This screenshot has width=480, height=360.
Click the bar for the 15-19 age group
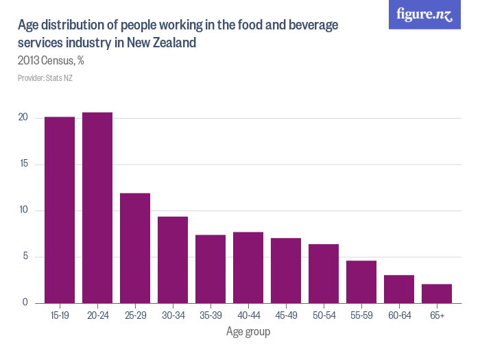(60, 210)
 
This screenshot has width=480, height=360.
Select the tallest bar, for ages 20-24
(97, 208)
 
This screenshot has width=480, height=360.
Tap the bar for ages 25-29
(135, 248)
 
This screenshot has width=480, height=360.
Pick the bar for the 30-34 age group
(173, 260)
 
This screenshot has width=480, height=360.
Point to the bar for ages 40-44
(248, 267)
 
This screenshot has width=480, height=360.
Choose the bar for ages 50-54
(324, 274)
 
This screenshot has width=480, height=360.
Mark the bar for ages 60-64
(399, 289)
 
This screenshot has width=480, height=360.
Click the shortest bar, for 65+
(437, 293)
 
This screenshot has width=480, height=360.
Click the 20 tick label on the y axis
(23, 118)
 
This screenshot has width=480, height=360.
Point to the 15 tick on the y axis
(23, 164)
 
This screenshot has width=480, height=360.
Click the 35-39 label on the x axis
(211, 315)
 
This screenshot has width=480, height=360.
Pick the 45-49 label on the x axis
(286, 315)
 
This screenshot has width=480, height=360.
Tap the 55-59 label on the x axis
(361, 315)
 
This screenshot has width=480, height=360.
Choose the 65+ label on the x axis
(437, 315)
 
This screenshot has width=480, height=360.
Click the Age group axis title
(248, 333)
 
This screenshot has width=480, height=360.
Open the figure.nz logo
(424, 15)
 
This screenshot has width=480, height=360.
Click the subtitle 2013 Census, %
(51, 60)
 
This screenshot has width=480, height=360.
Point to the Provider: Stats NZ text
(45, 78)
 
